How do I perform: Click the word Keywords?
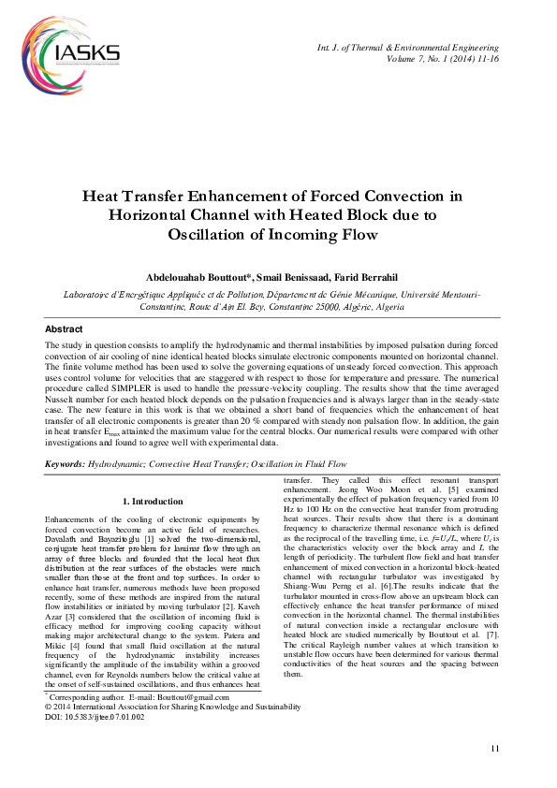66,464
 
